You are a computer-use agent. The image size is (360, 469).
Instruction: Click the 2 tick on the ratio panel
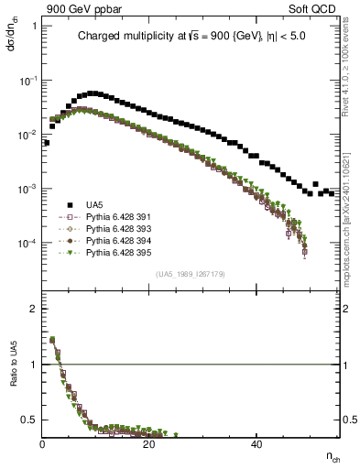click(x=35, y=309)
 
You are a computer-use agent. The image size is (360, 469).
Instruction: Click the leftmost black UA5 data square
click(x=47, y=143)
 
